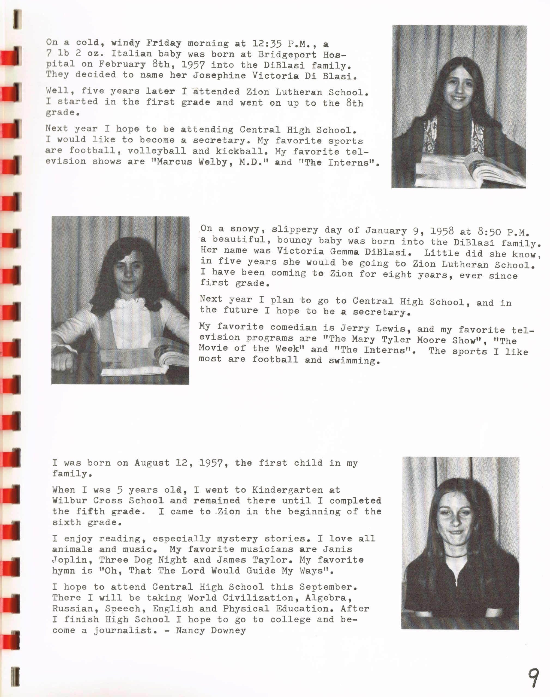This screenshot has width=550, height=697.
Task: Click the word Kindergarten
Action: (x=287, y=490)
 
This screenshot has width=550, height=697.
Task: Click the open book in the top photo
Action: (x=470, y=170)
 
